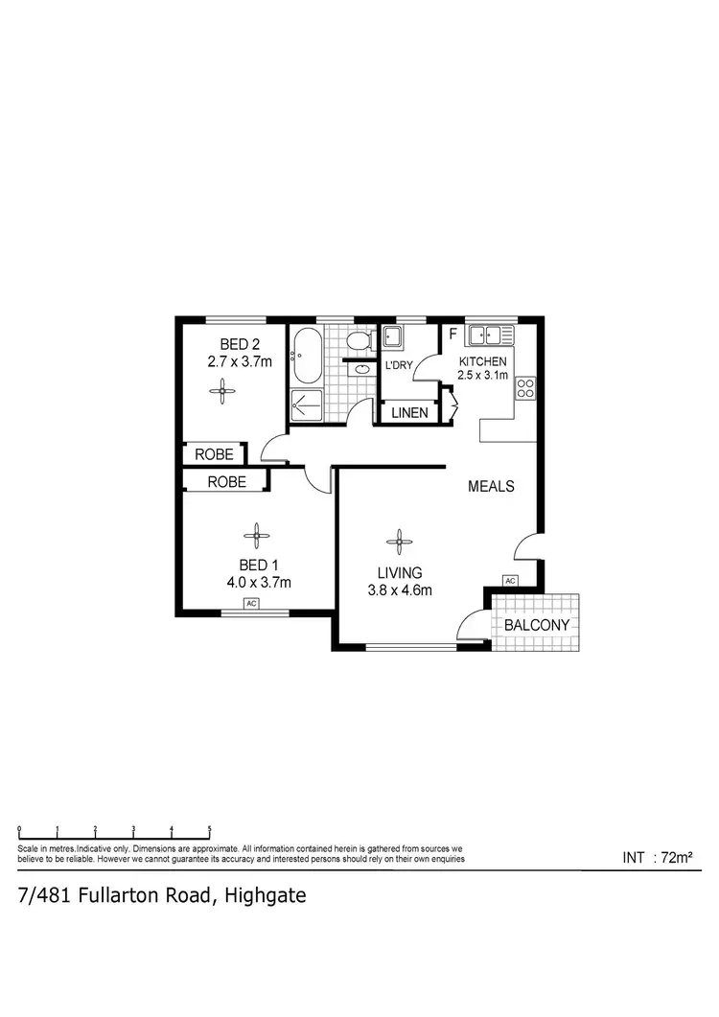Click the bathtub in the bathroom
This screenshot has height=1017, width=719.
(306, 356)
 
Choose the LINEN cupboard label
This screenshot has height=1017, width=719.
(409, 413)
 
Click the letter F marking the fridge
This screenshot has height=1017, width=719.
(452, 335)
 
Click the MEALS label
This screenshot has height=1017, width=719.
(491, 486)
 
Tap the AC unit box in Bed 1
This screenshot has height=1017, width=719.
(251, 604)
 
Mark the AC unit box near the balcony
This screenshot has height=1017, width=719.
(509, 581)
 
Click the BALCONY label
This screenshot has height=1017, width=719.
(537, 625)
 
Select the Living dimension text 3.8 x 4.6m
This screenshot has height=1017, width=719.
(400, 590)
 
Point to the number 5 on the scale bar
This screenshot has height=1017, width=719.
(209, 830)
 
